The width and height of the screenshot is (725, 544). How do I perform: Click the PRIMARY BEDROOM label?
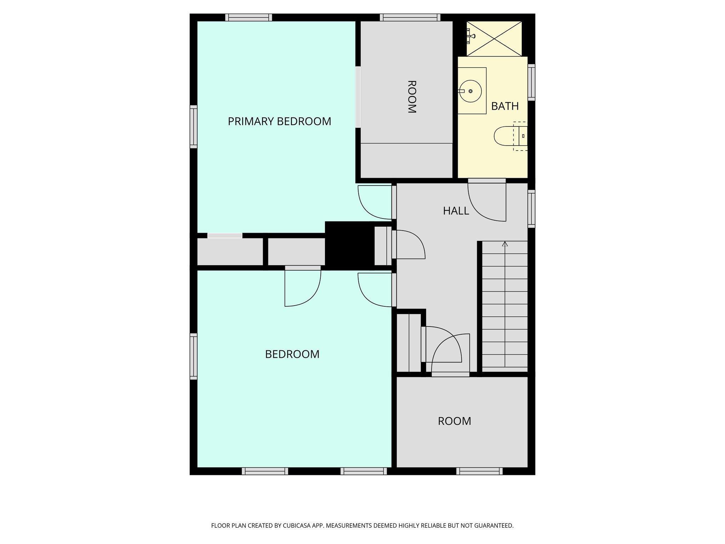pos(279,121)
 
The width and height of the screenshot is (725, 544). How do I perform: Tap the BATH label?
pos(505,106)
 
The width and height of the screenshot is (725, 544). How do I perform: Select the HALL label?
pos(456,211)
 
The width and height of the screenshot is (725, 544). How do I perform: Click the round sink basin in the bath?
pos(470,91)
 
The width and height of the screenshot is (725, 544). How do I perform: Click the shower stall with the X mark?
pos(494,39)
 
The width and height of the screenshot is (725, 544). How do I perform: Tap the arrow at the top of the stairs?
pos(505,244)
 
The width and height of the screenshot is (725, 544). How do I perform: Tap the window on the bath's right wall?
pos(531,82)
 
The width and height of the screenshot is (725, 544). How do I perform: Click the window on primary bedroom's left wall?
pos(193,126)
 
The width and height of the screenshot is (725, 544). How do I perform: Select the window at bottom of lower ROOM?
pos(479,471)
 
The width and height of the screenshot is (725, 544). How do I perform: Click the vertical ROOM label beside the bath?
pos(411,97)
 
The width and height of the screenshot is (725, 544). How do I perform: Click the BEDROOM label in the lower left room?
pos(292,354)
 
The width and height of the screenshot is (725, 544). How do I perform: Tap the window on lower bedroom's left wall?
pos(193,356)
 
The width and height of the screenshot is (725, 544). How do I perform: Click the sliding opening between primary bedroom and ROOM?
pos(358,97)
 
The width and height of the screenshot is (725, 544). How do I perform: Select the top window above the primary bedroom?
pos(249,17)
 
